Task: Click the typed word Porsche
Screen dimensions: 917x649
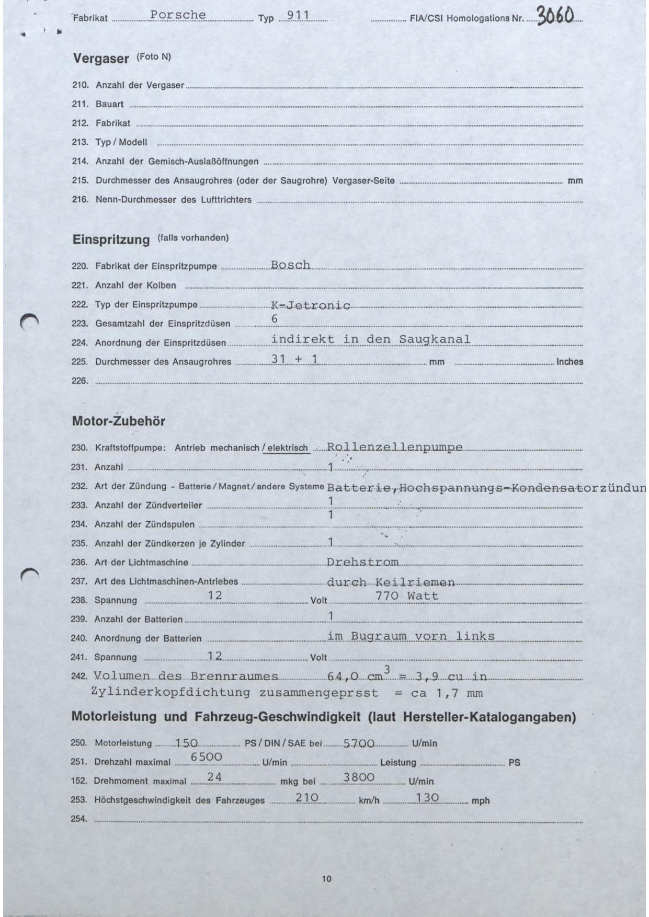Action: pyautogui.click(x=178, y=15)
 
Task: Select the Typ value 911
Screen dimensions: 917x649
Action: pyautogui.click(x=300, y=16)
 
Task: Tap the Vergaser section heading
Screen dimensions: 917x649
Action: pyautogui.click(x=101, y=59)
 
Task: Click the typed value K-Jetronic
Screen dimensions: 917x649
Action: pyautogui.click(x=311, y=305)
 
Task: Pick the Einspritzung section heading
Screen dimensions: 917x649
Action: pyautogui.click(x=111, y=239)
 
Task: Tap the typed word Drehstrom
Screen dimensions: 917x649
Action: pyautogui.click(x=362, y=563)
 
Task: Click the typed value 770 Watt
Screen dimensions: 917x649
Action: pyautogui.click(x=407, y=595)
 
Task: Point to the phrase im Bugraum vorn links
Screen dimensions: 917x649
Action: pyautogui.click(x=411, y=636)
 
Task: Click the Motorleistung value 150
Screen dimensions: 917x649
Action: pyautogui.click(x=187, y=743)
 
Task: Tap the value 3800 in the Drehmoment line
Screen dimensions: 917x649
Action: pyautogui.click(x=359, y=777)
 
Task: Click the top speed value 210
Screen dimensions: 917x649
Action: pyautogui.click(x=307, y=797)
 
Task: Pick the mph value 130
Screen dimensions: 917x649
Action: pyautogui.click(x=427, y=797)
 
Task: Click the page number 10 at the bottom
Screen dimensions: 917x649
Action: pyautogui.click(x=326, y=879)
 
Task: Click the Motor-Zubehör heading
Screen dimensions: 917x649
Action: pyautogui.click(x=118, y=421)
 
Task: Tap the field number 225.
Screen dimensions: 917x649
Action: pyautogui.click(x=79, y=361)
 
